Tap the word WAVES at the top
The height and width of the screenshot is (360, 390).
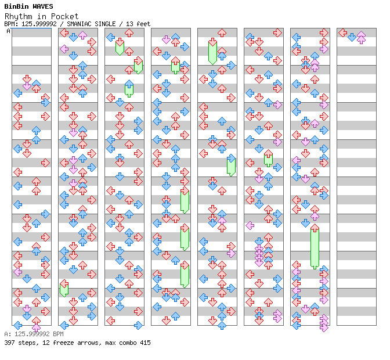tap(43, 6)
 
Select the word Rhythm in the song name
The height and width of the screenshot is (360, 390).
tap(19, 16)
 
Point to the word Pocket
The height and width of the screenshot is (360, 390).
tap(64, 16)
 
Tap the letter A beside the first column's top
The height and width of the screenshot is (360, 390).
tap(8, 31)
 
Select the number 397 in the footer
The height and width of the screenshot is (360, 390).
tap(9, 343)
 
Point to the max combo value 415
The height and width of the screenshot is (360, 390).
tap(145, 343)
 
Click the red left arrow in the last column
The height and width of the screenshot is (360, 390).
tap(343, 33)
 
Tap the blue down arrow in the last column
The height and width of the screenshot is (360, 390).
tap(352, 37)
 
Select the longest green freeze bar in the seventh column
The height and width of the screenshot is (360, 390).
tap(315, 248)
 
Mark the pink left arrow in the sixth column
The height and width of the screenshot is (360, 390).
tap(250, 226)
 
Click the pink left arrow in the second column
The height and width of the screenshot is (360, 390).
tap(64, 49)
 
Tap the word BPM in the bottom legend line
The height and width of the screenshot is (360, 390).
tap(58, 334)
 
